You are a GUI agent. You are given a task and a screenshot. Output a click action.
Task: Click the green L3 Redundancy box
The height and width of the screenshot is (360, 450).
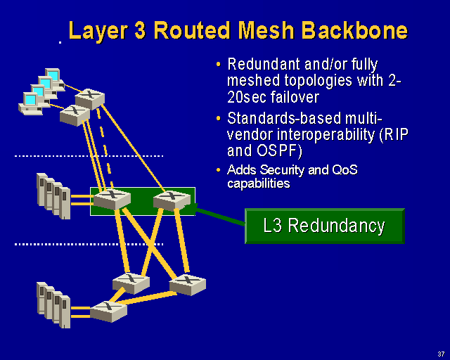(324, 226)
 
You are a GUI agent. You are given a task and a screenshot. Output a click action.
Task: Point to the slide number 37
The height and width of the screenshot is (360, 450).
(440, 353)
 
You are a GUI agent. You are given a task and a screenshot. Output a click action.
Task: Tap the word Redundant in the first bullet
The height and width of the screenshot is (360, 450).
(262, 65)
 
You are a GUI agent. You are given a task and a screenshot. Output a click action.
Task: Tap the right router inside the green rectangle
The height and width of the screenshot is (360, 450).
(172, 200)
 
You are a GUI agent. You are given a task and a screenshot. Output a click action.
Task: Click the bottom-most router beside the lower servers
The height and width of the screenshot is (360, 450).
(108, 310)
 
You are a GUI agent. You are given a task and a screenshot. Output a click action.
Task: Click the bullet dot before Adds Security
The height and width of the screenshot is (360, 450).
(219, 171)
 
